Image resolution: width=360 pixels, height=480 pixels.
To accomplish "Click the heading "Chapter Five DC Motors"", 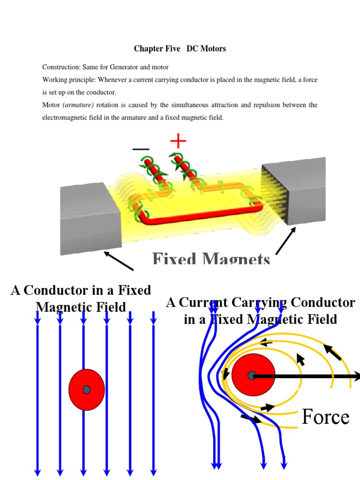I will [x=180, y=49].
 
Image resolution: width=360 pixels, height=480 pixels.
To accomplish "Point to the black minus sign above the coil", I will [x=141, y=150].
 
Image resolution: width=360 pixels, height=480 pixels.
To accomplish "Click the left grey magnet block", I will [x=90, y=218].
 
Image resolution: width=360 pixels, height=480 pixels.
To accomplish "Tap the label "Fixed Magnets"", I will [x=211, y=259].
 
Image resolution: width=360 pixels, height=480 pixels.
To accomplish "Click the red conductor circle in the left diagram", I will [x=87, y=390].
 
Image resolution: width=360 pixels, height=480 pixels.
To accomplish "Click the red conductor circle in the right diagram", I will [x=253, y=375].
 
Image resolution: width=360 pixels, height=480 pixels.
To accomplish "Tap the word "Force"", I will [x=325, y=417].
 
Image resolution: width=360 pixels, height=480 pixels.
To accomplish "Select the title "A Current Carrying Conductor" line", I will [x=261, y=303].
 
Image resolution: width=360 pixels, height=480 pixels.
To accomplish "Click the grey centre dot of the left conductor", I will [x=87, y=390].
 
